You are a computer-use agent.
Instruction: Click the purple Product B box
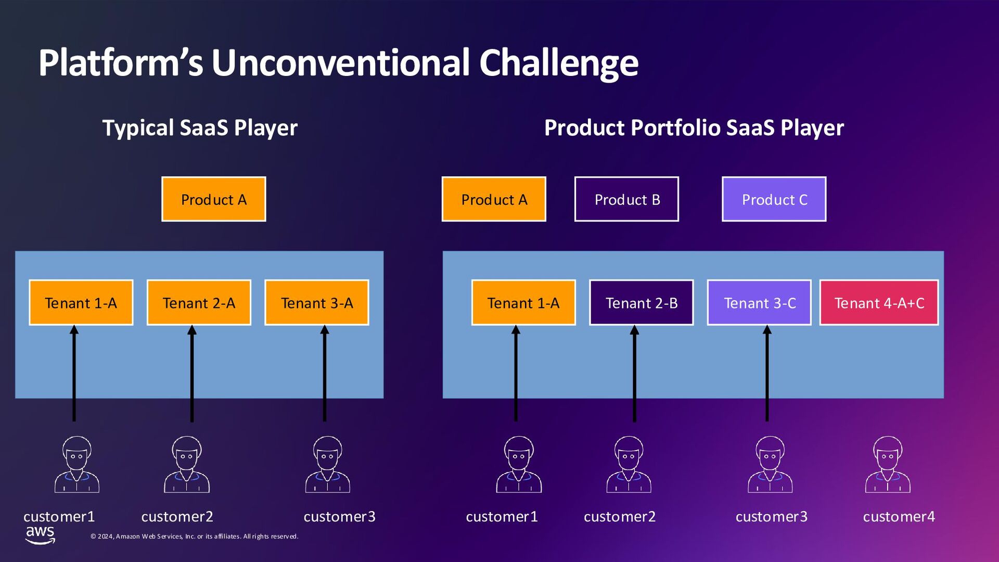[x=626, y=199]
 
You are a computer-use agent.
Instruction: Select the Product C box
[x=774, y=199]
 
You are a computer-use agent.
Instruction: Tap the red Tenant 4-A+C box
[x=879, y=303]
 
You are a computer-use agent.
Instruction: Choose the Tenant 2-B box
[x=641, y=303]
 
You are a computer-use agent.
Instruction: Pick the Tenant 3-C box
[x=759, y=303]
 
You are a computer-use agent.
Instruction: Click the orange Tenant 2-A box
[x=199, y=303]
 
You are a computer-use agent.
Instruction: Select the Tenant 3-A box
[x=316, y=303]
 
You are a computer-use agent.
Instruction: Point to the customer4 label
[x=899, y=517]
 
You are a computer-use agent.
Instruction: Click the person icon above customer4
[x=888, y=465]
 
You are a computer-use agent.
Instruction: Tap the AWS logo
[x=40, y=534]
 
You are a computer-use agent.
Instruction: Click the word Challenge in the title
[x=558, y=63]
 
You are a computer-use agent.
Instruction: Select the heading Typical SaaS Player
[x=200, y=128]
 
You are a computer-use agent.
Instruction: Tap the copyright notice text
[x=194, y=537]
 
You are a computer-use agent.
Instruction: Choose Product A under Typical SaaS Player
[x=213, y=199]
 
